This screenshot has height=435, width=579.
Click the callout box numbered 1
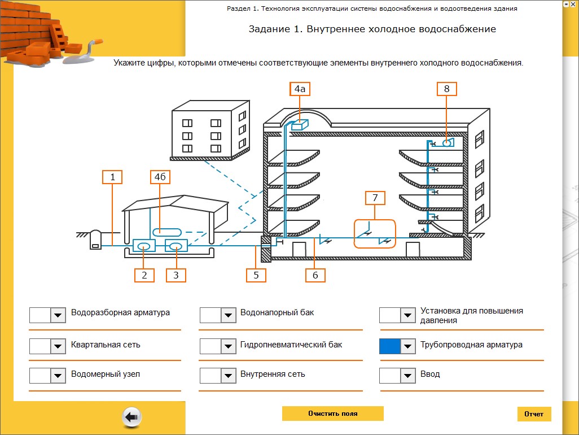[112, 177]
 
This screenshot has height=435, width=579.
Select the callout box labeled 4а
[300, 89]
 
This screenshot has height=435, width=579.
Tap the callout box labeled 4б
[160, 177]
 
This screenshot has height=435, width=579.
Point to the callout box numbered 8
[446, 89]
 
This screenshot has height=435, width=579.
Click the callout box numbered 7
[375, 198]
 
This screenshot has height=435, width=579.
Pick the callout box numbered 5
[256, 275]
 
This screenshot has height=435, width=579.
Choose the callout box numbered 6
[315, 275]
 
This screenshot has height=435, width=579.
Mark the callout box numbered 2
[144, 275]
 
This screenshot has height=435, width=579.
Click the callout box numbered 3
[176, 275]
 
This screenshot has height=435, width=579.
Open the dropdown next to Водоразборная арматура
[58, 315]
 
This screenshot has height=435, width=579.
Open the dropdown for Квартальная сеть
[58, 346]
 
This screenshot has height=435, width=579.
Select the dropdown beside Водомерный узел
[58, 376]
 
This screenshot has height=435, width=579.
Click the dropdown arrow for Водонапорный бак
[228, 315]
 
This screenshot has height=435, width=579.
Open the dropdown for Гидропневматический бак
[228, 346]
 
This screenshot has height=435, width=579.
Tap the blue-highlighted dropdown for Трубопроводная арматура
[408, 346]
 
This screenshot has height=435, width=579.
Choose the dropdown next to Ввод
[408, 376]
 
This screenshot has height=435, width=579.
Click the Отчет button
[534, 414]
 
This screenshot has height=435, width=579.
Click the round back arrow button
[131, 417]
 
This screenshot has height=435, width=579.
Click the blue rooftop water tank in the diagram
[300, 125]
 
